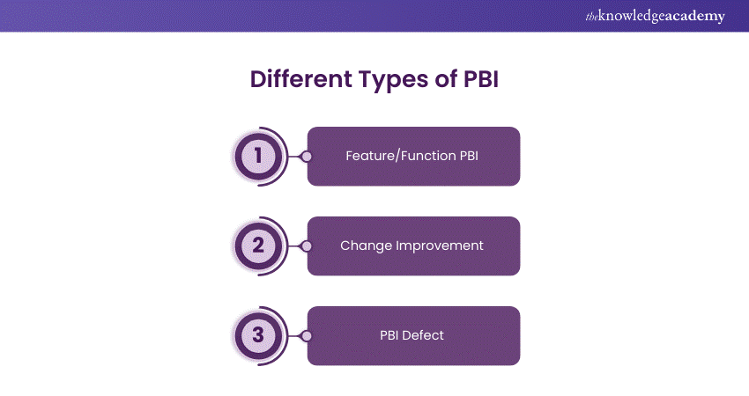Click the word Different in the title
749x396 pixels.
pyautogui.click(x=301, y=78)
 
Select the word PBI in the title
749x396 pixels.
pyautogui.click(x=481, y=79)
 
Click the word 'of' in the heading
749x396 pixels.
pyautogui.click(x=446, y=78)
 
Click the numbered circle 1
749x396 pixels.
pyautogui.click(x=258, y=156)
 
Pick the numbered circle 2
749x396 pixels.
pyautogui.click(x=258, y=246)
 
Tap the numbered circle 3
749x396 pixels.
pyautogui.click(x=258, y=335)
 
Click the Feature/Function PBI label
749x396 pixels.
pyautogui.click(x=412, y=156)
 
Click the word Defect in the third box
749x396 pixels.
pyautogui.click(x=423, y=335)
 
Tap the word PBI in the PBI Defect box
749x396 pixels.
pyautogui.click(x=389, y=335)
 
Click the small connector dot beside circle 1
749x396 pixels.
pyautogui.click(x=307, y=157)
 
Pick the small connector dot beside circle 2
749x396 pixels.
pyautogui.click(x=307, y=246)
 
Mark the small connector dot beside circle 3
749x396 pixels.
pyautogui.click(x=307, y=336)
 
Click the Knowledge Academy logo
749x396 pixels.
pyautogui.click(x=655, y=17)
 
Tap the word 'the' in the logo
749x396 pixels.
pyautogui.click(x=591, y=18)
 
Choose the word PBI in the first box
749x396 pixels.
pyautogui.click(x=469, y=156)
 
